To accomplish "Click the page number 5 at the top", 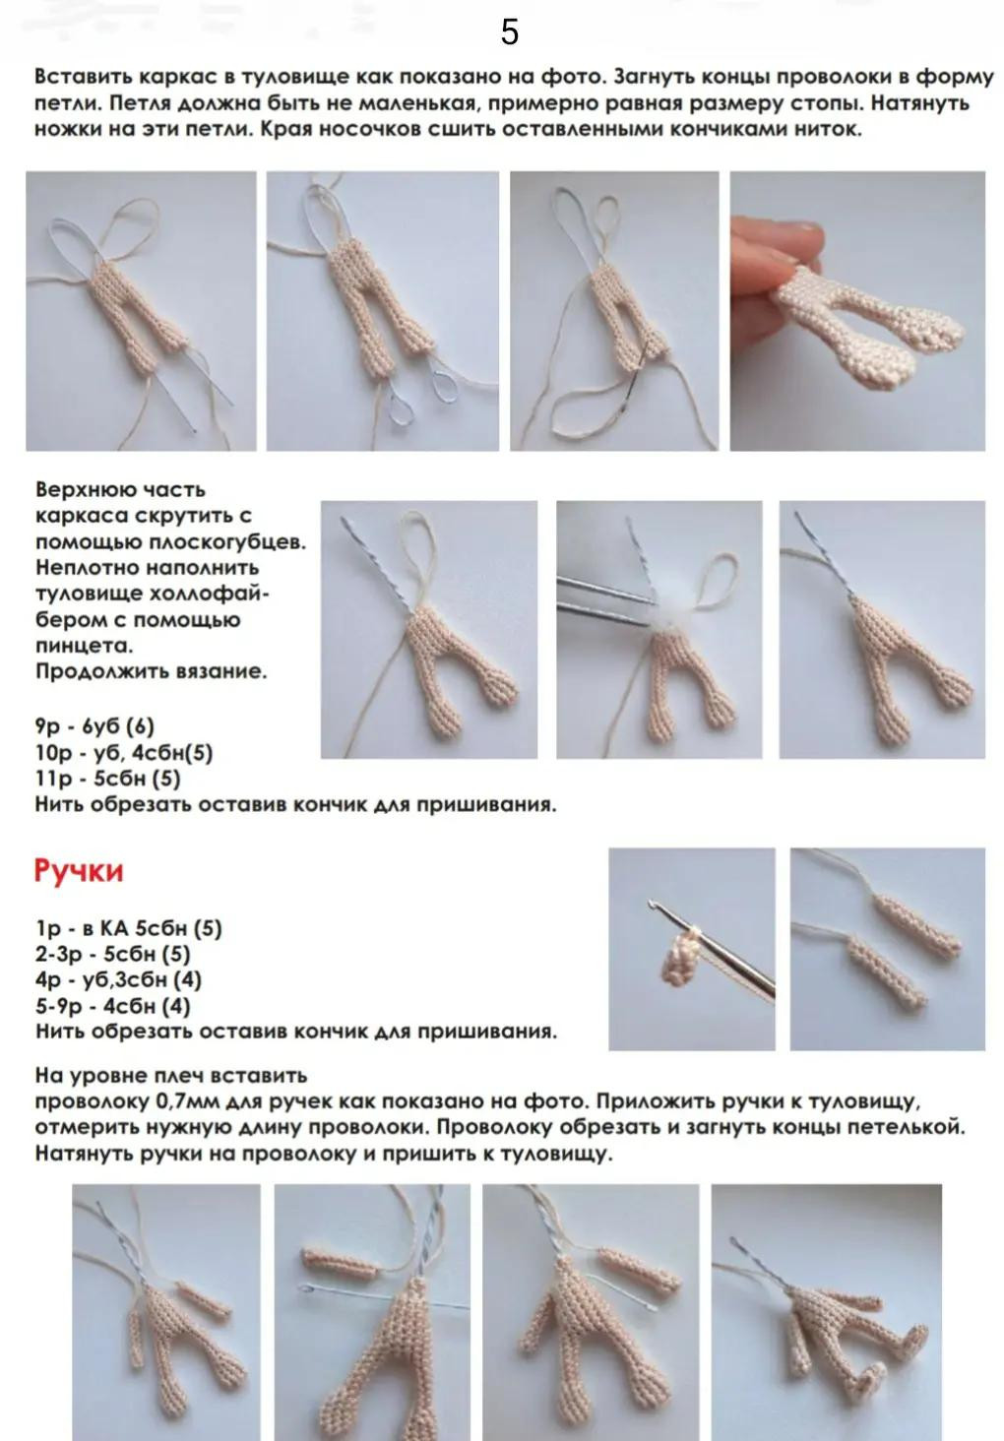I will (x=509, y=32).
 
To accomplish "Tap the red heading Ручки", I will (x=79, y=871).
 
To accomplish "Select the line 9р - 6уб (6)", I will (x=94, y=726).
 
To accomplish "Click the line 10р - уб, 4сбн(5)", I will (x=123, y=753).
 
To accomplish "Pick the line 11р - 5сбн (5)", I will (x=107, y=779).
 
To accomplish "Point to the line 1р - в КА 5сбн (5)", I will (x=128, y=928).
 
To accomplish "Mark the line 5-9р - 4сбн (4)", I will (x=112, y=1006).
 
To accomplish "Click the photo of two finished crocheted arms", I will (x=887, y=948).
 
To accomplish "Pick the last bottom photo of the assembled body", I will (x=827, y=1309).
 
